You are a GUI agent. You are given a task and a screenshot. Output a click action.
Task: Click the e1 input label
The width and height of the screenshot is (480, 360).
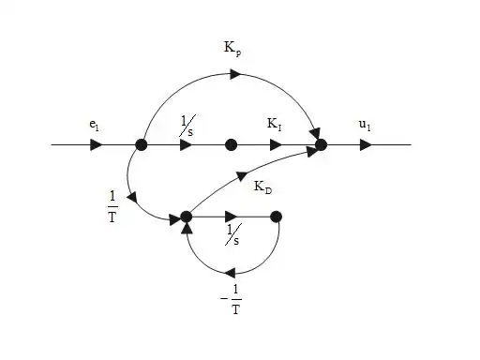[x=95, y=124]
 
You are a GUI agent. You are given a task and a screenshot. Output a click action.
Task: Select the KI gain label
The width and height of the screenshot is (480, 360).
[x=276, y=124]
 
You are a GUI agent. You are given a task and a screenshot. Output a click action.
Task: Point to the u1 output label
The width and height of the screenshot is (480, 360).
[x=364, y=124]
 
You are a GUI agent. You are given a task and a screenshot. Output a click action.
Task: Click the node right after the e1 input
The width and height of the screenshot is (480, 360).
[x=142, y=145]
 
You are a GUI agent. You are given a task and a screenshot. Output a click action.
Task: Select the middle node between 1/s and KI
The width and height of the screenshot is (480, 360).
[x=231, y=145]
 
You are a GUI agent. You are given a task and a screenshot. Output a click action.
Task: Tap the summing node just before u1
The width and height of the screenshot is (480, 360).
[x=321, y=145]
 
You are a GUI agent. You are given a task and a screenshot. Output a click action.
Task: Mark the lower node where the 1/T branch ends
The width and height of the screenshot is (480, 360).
[x=186, y=217]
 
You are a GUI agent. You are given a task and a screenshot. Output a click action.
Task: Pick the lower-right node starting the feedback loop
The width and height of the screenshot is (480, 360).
[x=276, y=217]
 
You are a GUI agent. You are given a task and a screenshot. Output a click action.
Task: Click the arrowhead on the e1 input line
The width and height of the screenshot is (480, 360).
[x=97, y=145]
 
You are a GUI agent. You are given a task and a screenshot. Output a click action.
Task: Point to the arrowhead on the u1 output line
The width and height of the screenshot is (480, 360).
[x=366, y=145]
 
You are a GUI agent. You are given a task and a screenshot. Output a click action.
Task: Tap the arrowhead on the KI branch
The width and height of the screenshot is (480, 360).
[x=276, y=145]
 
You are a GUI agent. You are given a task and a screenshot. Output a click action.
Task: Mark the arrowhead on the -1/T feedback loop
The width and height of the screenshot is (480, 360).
[x=230, y=272]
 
